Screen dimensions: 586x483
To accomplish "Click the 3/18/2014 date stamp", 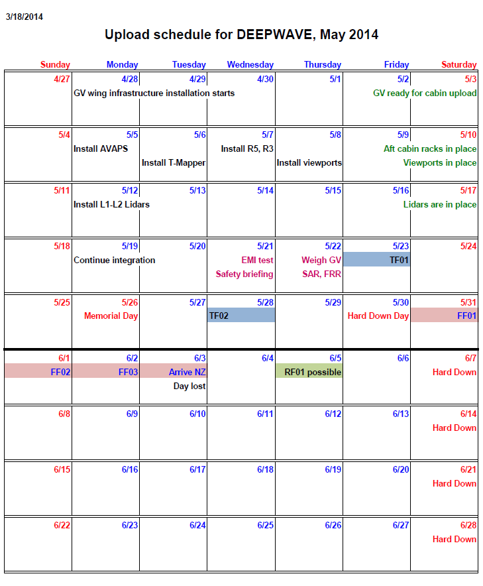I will [24, 17].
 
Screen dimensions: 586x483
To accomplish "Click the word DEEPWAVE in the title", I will [275, 34].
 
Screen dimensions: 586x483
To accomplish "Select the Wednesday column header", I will [250, 64].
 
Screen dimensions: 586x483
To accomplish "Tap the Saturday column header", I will [458, 64].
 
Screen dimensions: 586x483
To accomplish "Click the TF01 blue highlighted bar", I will [376, 260].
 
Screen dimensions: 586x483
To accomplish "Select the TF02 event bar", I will [241, 316].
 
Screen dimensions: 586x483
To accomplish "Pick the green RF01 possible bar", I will [309, 372].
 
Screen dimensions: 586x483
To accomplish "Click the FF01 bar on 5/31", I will [444, 316].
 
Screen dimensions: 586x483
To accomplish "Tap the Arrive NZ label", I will [188, 372].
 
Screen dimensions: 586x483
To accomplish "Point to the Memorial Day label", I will [111, 316].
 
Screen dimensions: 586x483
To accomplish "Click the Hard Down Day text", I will [378, 316].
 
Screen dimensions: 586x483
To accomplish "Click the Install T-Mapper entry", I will [174, 162].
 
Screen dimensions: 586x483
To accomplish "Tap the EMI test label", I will [257, 260].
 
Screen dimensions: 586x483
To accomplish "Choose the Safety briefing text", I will [244, 274].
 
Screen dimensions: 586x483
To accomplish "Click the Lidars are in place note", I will [439, 204].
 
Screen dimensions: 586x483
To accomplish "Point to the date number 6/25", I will [264, 525].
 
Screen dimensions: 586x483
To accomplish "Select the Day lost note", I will [189, 386].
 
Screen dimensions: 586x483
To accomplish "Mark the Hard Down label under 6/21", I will [454, 483].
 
